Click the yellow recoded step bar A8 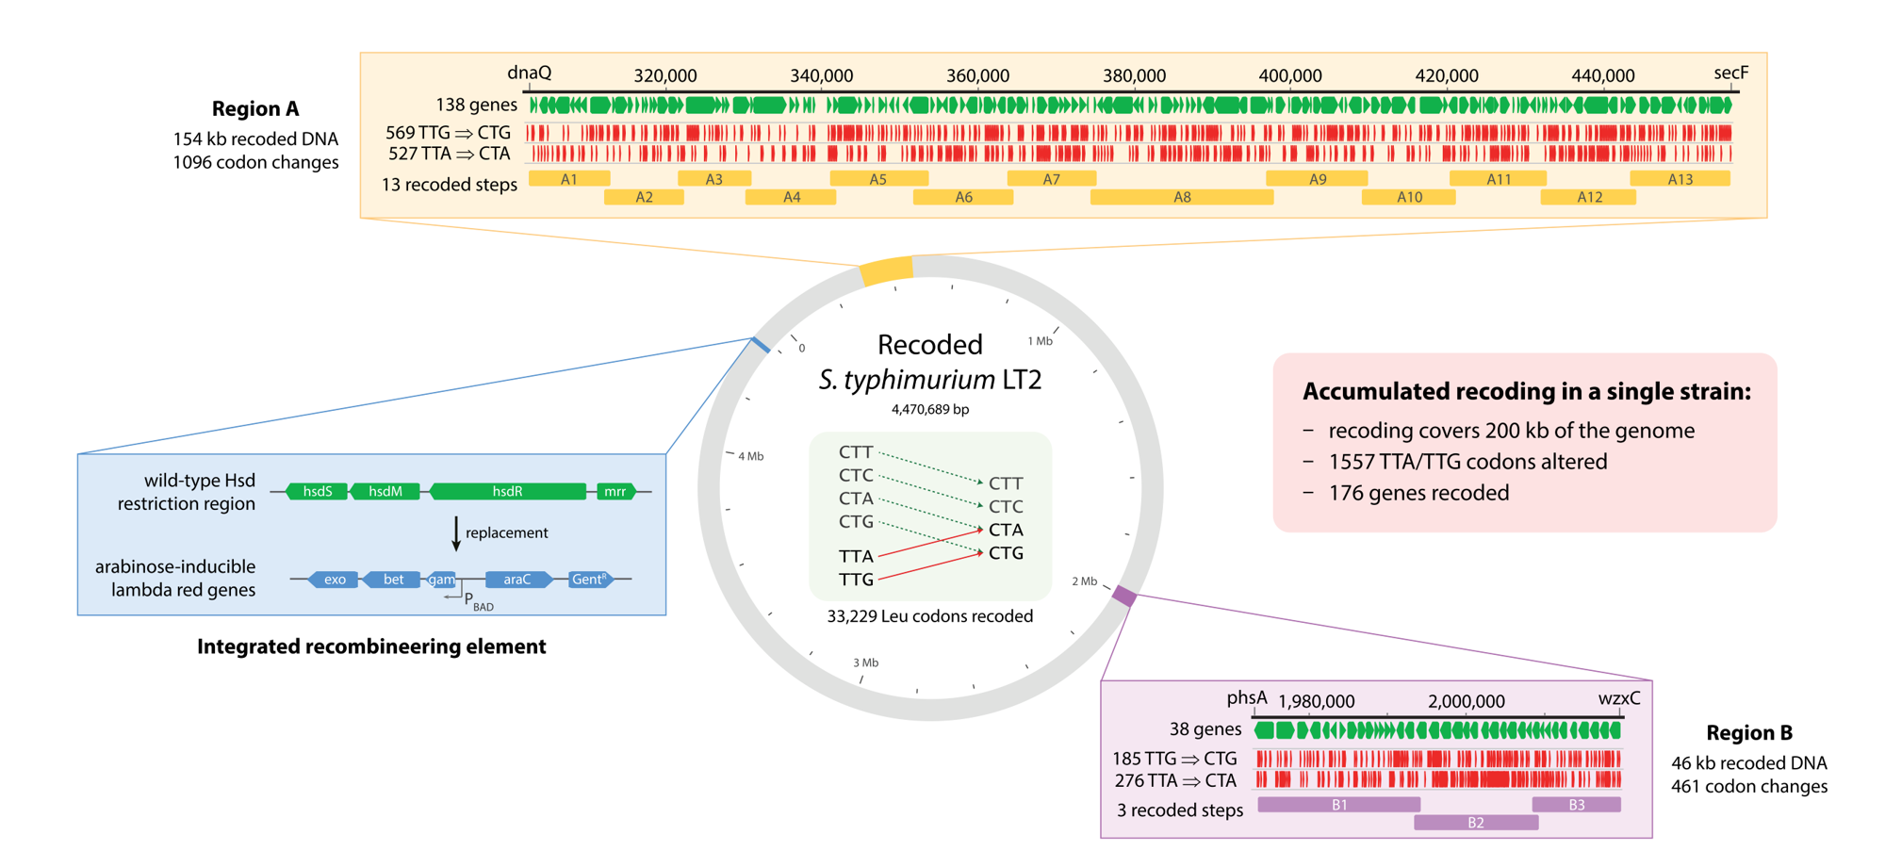pos(1182,197)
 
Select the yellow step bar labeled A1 pos(569,178)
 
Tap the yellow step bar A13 pos(1680,178)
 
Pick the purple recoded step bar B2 pos(1476,823)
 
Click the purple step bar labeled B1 pos(1338,805)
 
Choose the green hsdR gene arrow pos(507,491)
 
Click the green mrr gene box pos(615,491)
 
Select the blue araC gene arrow pos(517,580)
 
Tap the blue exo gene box pos(335,580)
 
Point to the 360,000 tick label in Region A pos(977,75)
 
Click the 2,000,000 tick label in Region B pos(1466,701)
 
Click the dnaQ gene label pos(530,73)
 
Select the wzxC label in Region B pos(1619,698)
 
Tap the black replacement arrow pos(456,533)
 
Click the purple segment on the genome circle pos(1124,595)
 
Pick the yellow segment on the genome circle pos(886,270)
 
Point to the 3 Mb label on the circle pos(865,663)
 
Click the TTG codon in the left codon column pos(856,579)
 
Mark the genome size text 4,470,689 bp pos(930,409)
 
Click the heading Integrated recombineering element pos(371,646)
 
